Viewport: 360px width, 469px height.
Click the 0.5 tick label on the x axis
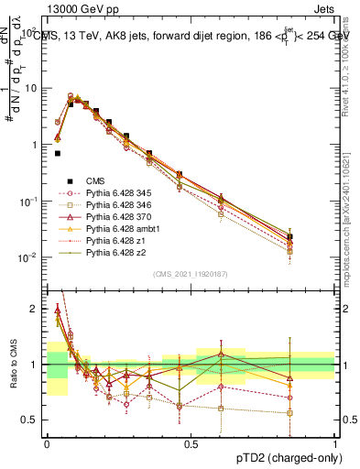[x=191, y=442]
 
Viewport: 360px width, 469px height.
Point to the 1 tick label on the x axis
[x=334, y=442]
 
